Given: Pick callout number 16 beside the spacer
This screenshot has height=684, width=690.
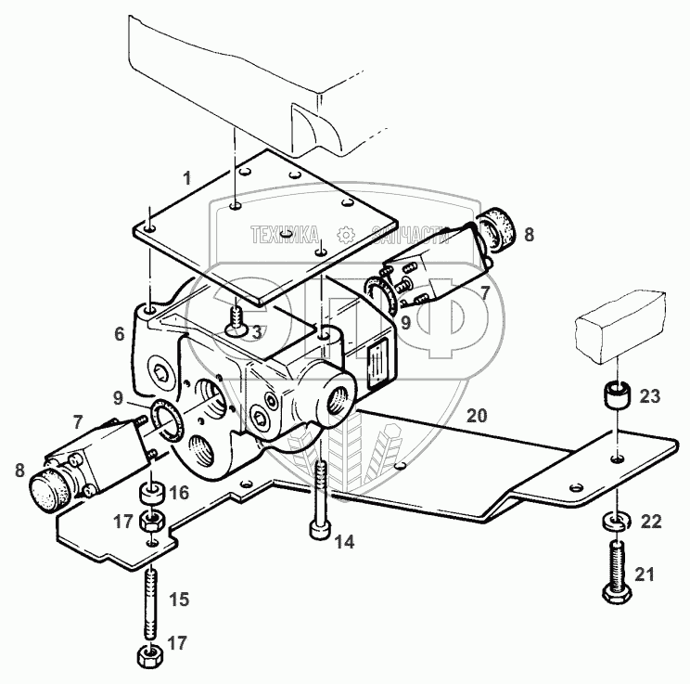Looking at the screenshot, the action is pyautogui.click(x=180, y=494).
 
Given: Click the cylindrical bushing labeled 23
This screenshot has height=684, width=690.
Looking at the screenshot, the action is pyautogui.click(x=617, y=395).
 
